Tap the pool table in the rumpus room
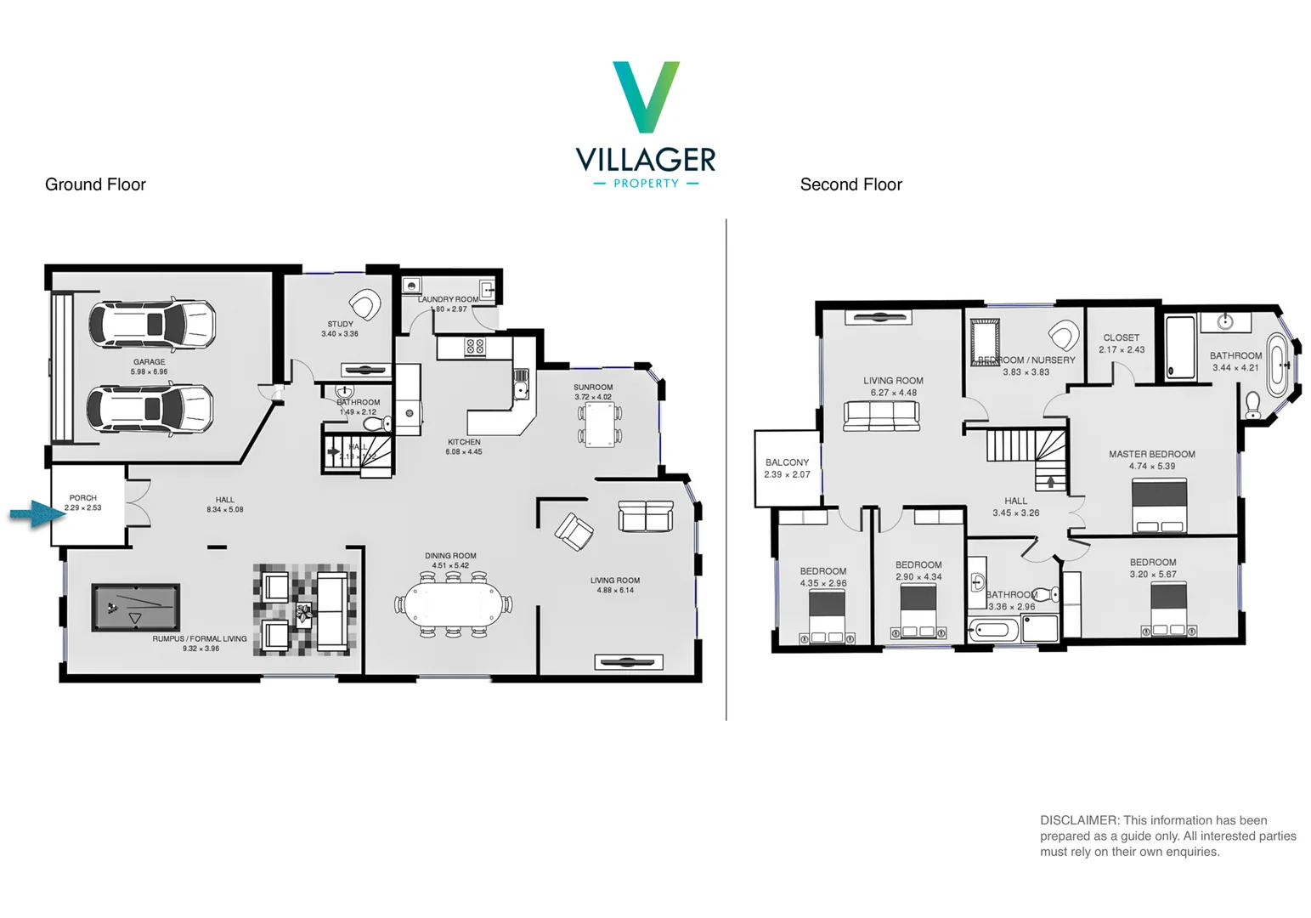(136, 607)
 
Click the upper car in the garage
(152, 324)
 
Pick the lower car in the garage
(150, 409)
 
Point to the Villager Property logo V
(646, 96)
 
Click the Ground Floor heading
(95, 184)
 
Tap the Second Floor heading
(850, 184)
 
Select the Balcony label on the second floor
(787, 462)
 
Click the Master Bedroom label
(1151, 454)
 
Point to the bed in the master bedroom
(1159, 506)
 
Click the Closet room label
(1121, 337)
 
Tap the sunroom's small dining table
(600, 424)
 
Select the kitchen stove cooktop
(475, 347)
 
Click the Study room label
(340, 324)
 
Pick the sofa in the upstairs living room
(881, 416)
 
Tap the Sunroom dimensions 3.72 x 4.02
(592, 397)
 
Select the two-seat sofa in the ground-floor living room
(646, 516)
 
